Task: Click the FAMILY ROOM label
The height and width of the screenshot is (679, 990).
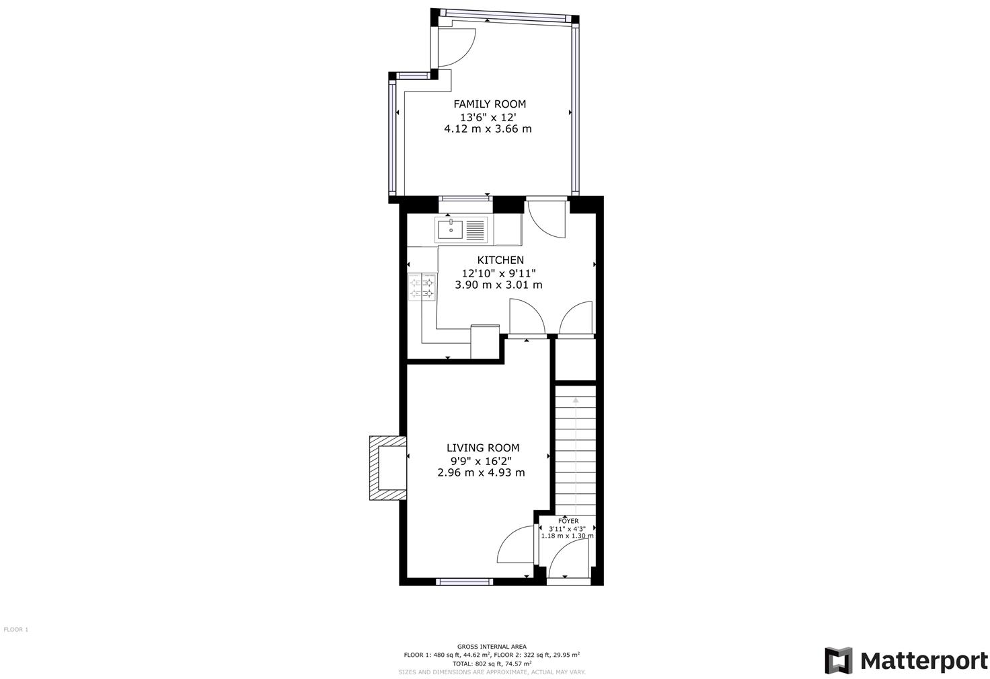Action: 489,104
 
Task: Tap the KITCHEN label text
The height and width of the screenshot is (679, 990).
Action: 500,260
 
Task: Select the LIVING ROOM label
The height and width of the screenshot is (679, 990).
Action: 482,448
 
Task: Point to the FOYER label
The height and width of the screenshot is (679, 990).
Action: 568,521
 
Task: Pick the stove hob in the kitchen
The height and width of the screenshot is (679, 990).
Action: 422,288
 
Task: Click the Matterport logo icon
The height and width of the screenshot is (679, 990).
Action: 838,660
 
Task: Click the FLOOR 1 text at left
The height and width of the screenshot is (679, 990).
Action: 16,630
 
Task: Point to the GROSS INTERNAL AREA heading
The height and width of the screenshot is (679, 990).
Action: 492,646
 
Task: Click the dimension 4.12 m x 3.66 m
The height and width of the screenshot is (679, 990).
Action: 488,129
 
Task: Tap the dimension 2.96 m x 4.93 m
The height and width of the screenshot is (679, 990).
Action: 481,472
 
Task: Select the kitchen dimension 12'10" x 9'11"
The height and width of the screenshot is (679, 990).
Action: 498,273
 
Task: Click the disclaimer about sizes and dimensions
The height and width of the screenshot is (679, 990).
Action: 492,672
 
